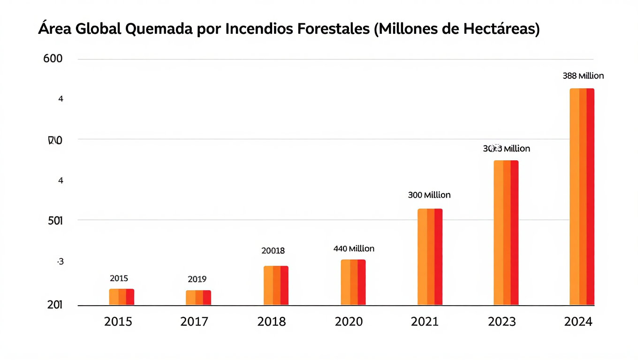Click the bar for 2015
coord(122,297)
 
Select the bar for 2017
coord(198,298)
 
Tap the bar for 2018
coord(276,285)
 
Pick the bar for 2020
coord(353,282)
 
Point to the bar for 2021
coord(430,257)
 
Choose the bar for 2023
coord(506,232)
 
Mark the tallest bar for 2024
coord(582,197)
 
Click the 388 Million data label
coord(583,75)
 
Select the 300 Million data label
coord(429,195)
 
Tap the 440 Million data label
coord(354,248)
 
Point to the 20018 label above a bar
coord(273,250)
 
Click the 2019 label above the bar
coord(197,279)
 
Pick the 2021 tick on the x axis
coord(425,322)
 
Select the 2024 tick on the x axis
coord(578,322)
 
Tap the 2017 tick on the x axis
coord(195,322)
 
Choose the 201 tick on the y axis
coord(55,305)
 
